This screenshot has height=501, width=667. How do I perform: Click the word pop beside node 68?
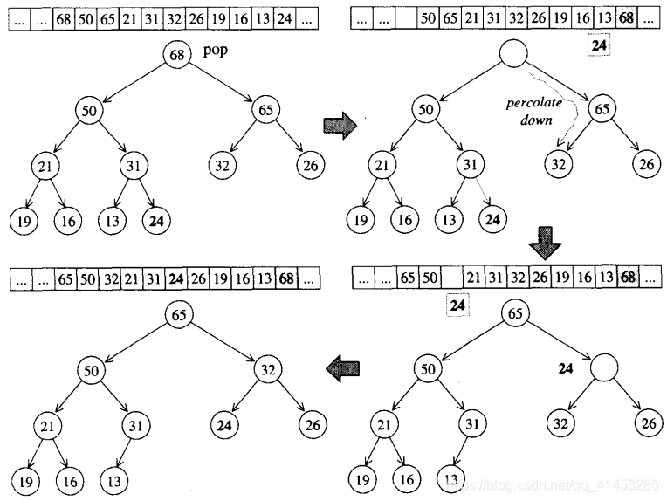(x=216, y=51)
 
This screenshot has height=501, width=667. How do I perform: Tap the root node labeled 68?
(x=177, y=54)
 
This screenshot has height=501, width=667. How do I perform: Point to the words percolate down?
(x=534, y=111)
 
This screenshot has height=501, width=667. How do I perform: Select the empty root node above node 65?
(x=513, y=53)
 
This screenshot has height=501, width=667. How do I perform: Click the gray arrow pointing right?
(x=340, y=126)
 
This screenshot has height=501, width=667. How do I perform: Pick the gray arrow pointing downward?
(x=545, y=243)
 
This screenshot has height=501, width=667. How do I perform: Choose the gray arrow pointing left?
(x=343, y=368)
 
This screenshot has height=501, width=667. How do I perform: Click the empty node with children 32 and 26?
(x=603, y=367)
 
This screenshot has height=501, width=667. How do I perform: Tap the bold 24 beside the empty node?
(x=566, y=368)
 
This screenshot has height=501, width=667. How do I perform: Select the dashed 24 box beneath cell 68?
(x=599, y=45)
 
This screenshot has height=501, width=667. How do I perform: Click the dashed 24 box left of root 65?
(x=457, y=305)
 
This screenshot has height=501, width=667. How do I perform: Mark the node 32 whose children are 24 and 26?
(x=267, y=369)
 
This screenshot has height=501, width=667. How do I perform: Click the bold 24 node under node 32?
(x=223, y=425)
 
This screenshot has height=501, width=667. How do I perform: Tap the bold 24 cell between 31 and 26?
(x=176, y=278)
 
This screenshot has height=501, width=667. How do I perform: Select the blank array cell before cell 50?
(x=406, y=18)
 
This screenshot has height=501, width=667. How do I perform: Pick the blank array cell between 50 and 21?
(x=452, y=278)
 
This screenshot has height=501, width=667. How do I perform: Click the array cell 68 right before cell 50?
(x=64, y=18)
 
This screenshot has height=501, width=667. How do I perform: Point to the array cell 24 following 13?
(x=285, y=18)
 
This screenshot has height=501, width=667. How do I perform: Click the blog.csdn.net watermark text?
(x=554, y=484)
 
